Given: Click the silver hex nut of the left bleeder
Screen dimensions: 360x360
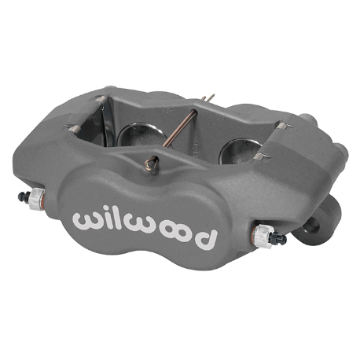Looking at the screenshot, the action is tap(36, 199).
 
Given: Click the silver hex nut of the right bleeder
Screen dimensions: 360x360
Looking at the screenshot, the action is tap(263, 237).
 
